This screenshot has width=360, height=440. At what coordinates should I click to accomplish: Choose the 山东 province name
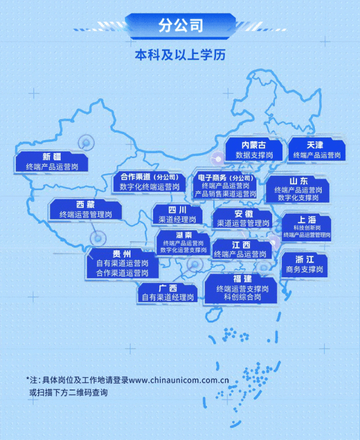[298, 181]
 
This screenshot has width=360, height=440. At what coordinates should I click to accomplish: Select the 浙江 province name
[304, 259]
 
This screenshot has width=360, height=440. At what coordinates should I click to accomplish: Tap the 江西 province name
[241, 245]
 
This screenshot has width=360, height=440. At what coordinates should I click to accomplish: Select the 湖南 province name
[183, 235]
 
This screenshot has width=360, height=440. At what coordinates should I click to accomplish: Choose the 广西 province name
[168, 288]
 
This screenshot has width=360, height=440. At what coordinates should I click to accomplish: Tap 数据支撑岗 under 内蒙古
[254, 155]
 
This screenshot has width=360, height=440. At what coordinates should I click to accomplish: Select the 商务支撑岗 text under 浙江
[304, 270]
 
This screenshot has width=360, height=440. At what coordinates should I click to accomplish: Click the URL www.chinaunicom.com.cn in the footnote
[178, 380]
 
